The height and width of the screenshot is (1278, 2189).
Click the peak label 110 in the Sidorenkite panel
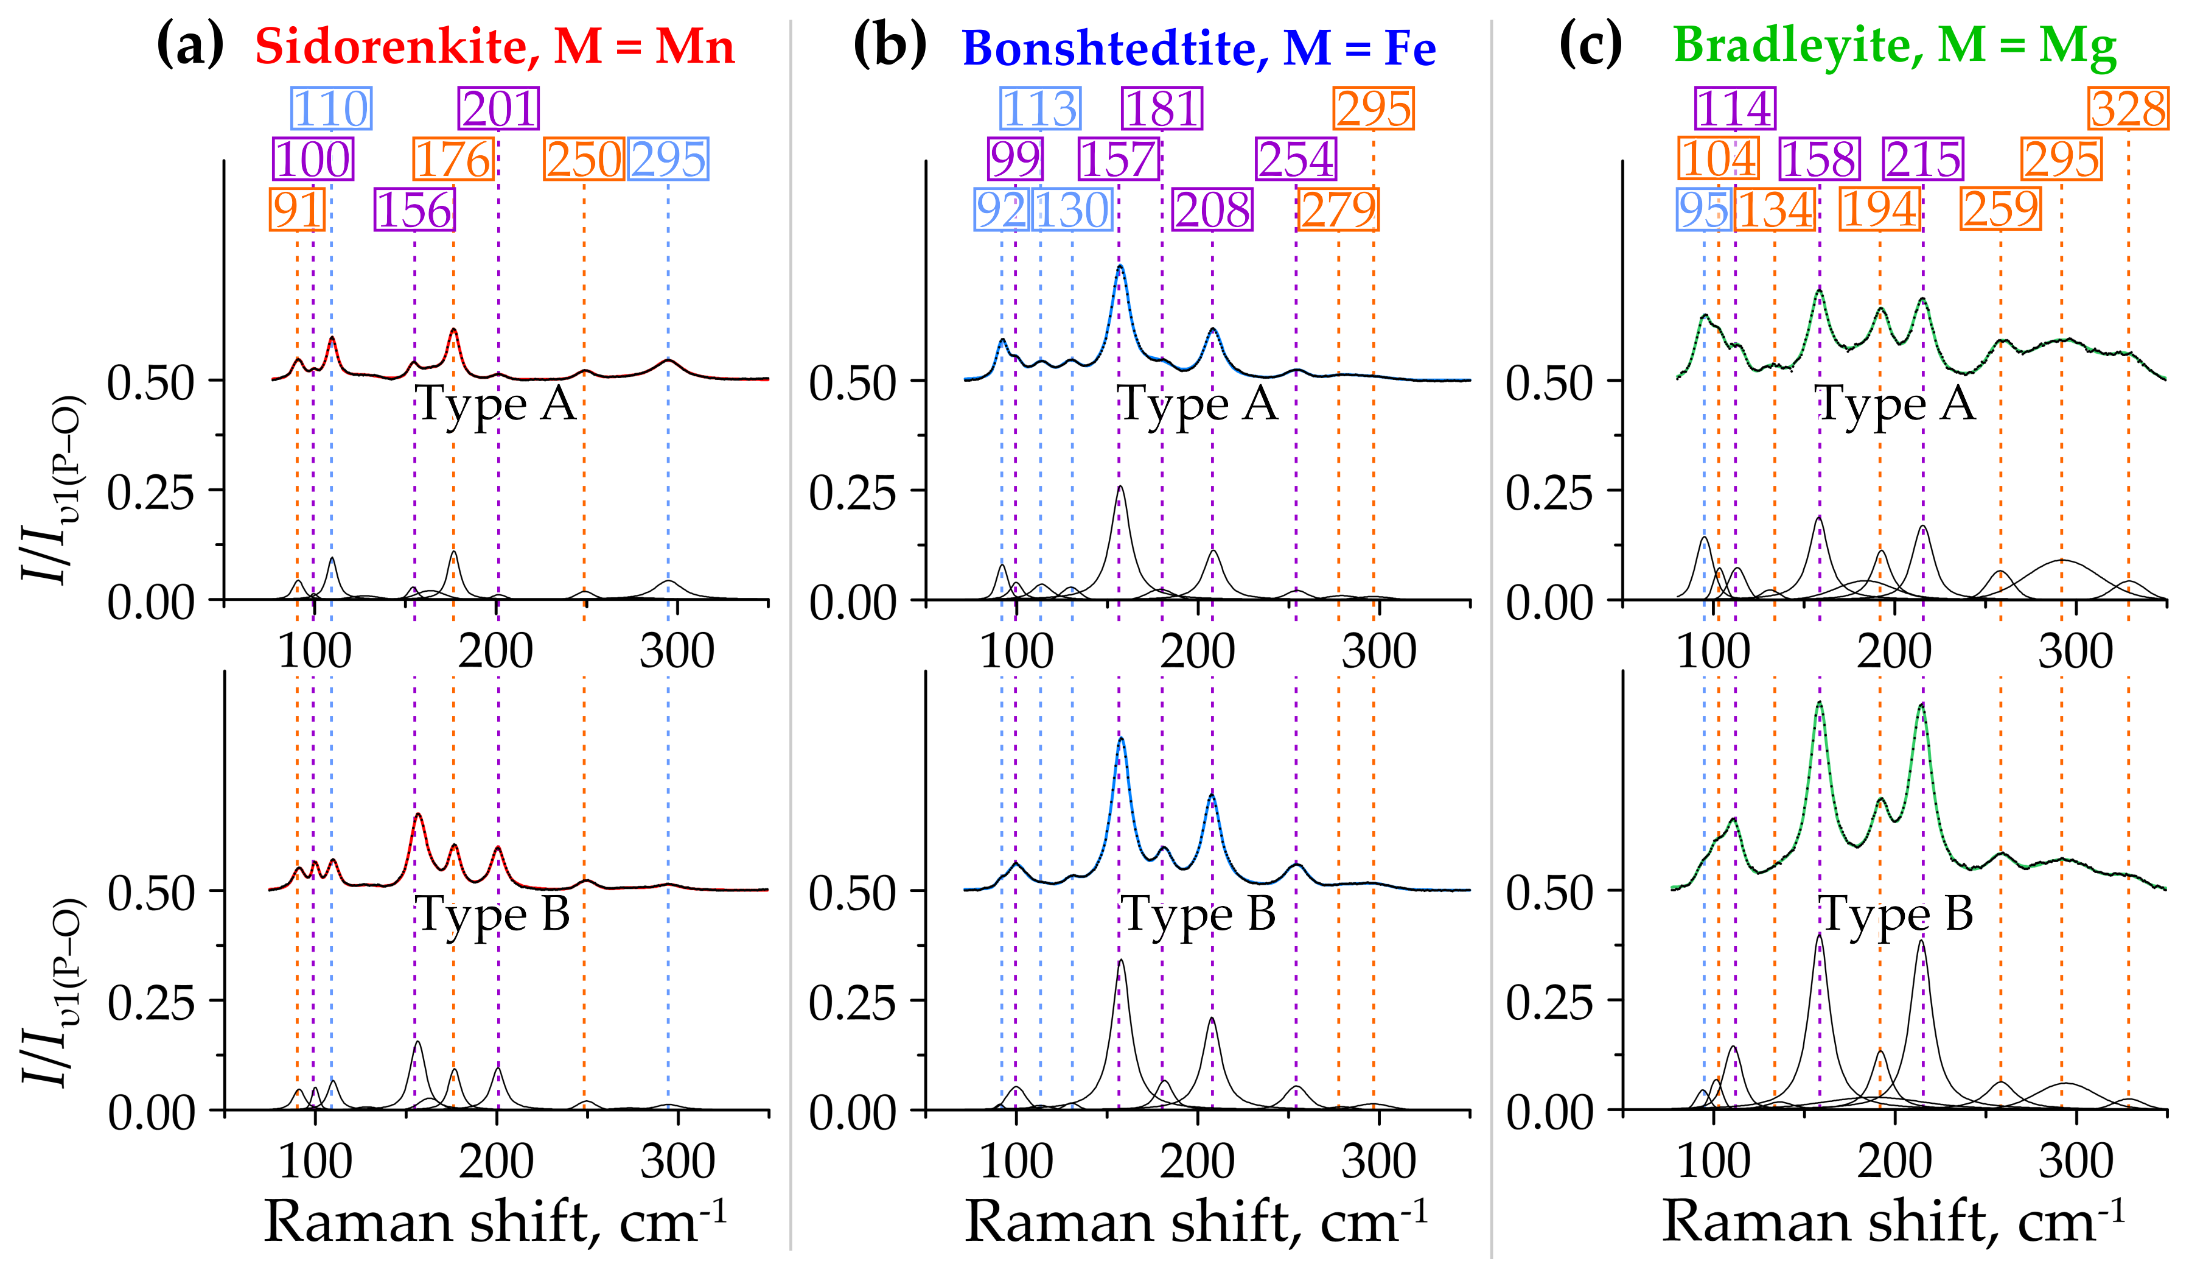(331, 110)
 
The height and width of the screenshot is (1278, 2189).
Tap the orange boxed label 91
(297, 210)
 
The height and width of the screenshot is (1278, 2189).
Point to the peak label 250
(584, 160)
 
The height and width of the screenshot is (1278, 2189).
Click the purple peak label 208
(1213, 210)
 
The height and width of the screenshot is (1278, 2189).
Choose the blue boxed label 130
(1072, 210)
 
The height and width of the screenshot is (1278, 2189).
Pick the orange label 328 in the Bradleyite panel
(2128, 110)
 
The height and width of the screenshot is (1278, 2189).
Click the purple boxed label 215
(1923, 160)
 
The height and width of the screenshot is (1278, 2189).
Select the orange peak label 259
(2000, 210)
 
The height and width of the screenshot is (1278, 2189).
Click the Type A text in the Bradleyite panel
(1896, 405)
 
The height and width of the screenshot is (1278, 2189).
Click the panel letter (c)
(1591, 45)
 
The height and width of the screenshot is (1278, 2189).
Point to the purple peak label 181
(1162, 110)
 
